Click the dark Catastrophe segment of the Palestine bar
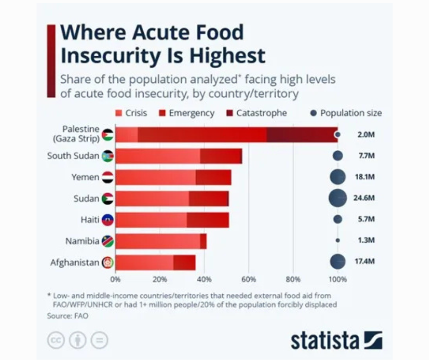point(302,134)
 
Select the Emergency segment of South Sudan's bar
point(220,156)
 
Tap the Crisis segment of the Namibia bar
point(157,241)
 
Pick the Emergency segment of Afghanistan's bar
point(184,263)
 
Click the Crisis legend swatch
point(119,113)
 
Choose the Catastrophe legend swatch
point(230,113)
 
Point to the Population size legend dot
point(314,113)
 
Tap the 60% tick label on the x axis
point(249,280)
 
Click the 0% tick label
point(115,280)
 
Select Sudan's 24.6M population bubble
point(338,198)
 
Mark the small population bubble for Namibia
point(338,240)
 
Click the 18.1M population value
point(365,177)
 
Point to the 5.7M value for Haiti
point(366,219)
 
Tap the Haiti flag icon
point(108,220)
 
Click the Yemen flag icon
point(108,177)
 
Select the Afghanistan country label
point(74,263)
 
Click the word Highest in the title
point(227,55)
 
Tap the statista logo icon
point(373,340)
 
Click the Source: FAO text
point(68,316)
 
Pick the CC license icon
point(56,340)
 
